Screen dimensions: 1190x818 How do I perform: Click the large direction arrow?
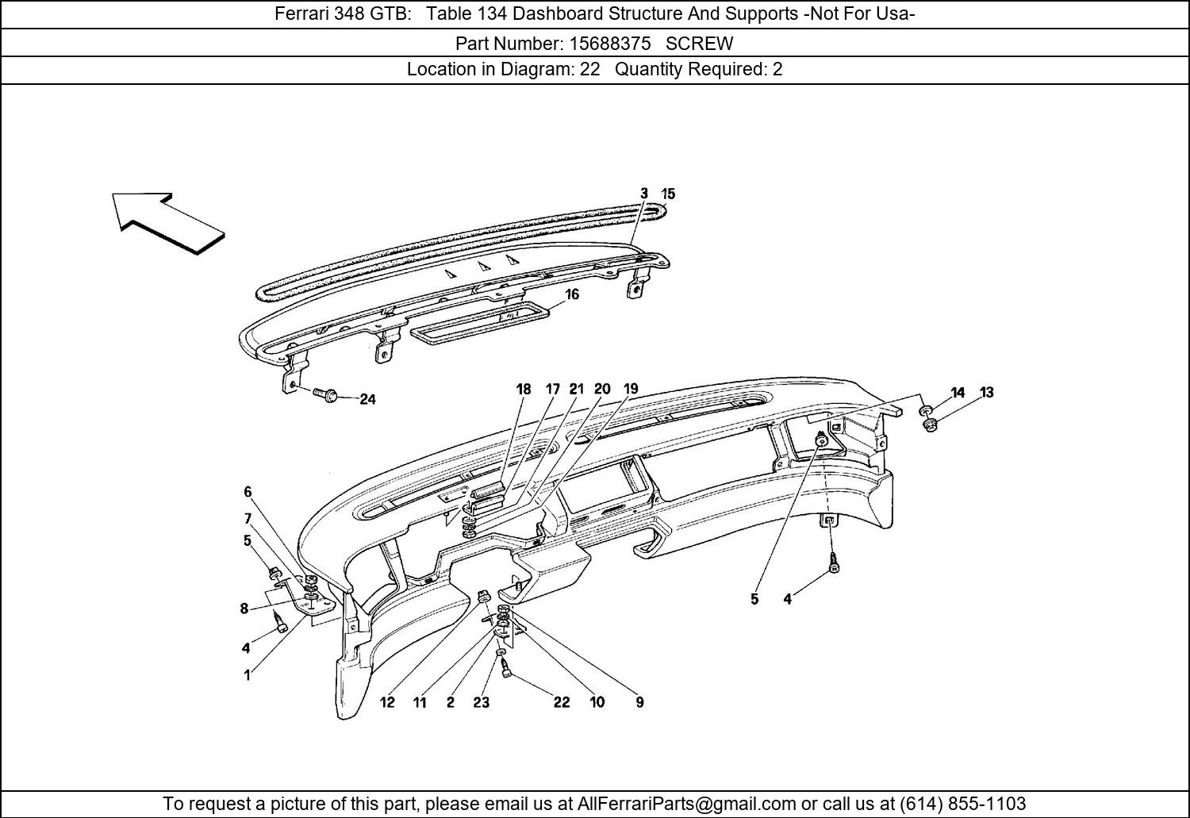pyautogui.click(x=167, y=222)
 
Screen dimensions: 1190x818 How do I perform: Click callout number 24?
pyautogui.click(x=367, y=399)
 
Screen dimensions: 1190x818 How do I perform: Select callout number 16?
pyautogui.click(x=572, y=294)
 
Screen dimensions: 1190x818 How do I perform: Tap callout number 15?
pyautogui.click(x=668, y=194)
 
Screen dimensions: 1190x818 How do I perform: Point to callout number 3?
pyautogui.click(x=644, y=194)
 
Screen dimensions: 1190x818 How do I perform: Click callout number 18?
pyautogui.click(x=524, y=390)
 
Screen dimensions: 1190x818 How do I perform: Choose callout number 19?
pyautogui.click(x=631, y=389)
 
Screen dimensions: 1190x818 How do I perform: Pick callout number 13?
pyautogui.click(x=987, y=393)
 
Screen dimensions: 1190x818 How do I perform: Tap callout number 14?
pyautogui.click(x=958, y=393)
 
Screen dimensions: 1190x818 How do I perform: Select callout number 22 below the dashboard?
pyautogui.click(x=562, y=702)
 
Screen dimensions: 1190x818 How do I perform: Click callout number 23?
pyautogui.click(x=482, y=702)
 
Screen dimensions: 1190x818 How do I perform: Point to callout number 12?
pyautogui.click(x=387, y=702)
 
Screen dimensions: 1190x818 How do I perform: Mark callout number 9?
pyautogui.click(x=639, y=702)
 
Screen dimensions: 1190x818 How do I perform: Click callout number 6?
pyautogui.click(x=248, y=492)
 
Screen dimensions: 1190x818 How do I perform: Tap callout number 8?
pyautogui.click(x=244, y=609)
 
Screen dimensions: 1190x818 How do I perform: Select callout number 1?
pyautogui.click(x=247, y=675)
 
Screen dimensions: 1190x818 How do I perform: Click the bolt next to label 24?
pyautogui.click(x=324, y=394)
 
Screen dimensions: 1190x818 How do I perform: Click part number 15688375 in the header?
pyautogui.click(x=609, y=44)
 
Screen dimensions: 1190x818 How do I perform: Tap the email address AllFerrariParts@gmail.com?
pyautogui.click(x=686, y=803)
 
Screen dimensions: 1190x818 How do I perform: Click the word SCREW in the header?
pyautogui.click(x=699, y=44)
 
